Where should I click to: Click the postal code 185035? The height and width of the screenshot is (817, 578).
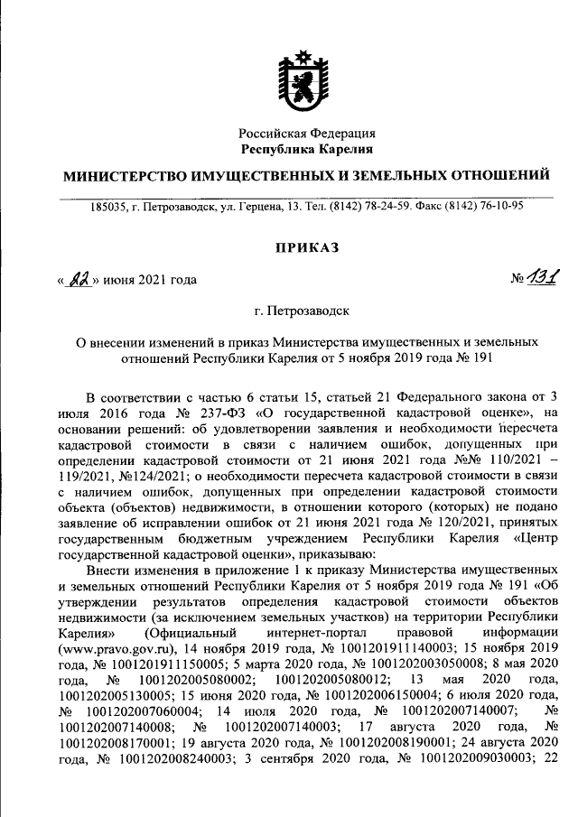coord(107,206)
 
